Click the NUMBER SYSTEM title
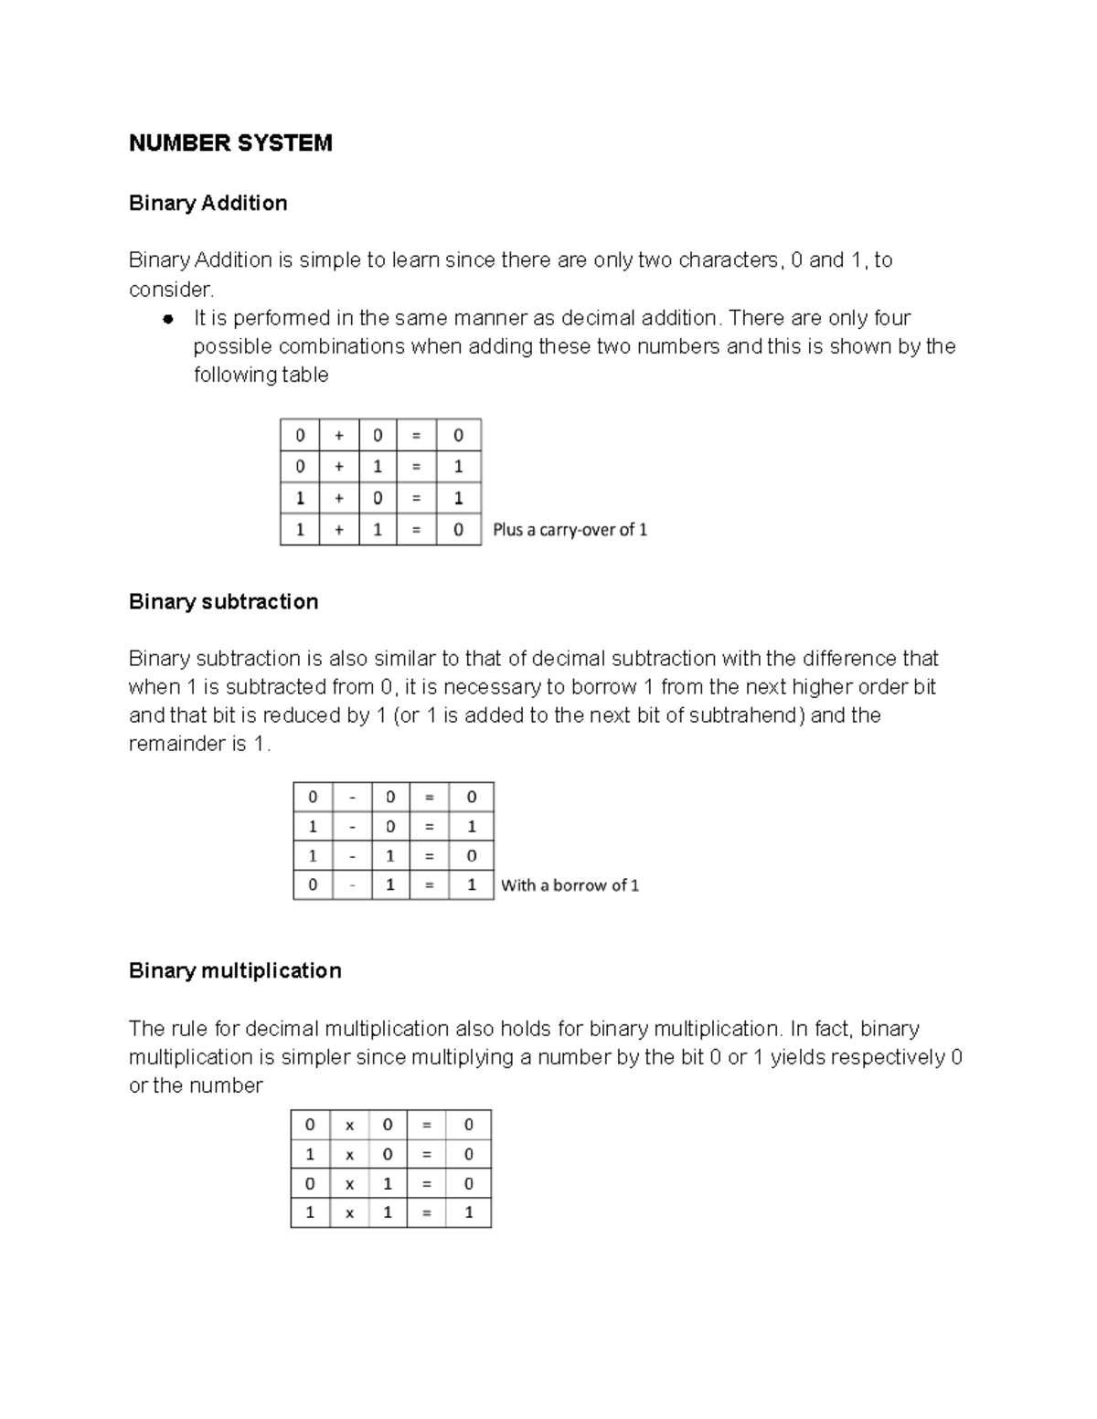[230, 143]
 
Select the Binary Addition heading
[208, 203]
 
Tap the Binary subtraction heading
[223, 601]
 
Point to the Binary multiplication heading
[235, 970]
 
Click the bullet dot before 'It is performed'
[167, 319]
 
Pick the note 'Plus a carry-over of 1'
[570, 530]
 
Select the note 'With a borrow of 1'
[570, 885]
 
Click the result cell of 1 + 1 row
[459, 530]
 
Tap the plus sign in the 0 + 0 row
[339, 436]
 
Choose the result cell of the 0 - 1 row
[472, 885]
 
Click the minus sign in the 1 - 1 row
[352, 856]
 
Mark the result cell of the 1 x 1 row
[469, 1213]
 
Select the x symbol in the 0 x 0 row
[349, 1126]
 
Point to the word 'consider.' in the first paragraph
[171, 290]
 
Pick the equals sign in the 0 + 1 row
[417, 467]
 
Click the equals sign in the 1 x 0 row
[427, 1155]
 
